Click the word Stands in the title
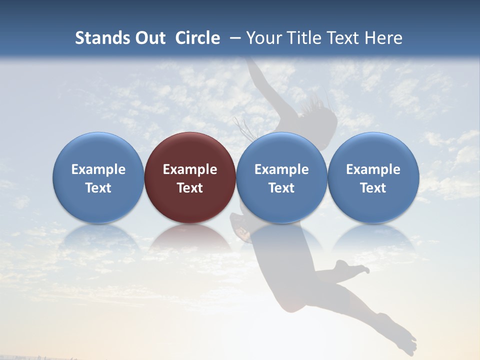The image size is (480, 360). point(102,38)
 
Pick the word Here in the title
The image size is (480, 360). point(385,38)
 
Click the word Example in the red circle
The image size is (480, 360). point(190,169)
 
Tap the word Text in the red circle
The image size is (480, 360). point(190,188)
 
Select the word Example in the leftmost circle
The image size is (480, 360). point(98,169)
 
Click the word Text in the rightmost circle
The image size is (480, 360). point(373,188)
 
